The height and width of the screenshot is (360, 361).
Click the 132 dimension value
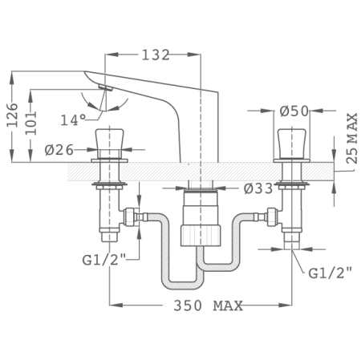(154, 55)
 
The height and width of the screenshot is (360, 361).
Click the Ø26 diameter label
(60, 149)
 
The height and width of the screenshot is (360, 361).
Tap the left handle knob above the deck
(107, 142)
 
